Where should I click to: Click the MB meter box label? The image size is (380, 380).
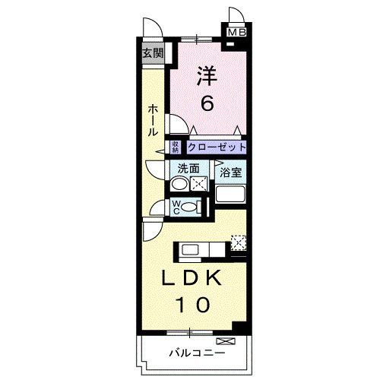[x=236, y=32]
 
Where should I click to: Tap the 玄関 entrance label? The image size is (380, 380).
[x=153, y=52]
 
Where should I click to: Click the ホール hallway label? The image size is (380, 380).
[x=153, y=120]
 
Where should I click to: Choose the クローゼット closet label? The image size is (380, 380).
[x=217, y=147]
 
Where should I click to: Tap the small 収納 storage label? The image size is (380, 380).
[x=175, y=147]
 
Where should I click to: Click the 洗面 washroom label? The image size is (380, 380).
[x=188, y=169]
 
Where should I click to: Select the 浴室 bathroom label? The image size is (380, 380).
[x=231, y=173]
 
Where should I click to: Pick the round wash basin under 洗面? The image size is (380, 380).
[x=177, y=183]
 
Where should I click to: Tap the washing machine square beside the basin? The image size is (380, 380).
[x=199, y=183]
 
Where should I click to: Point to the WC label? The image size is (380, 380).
[x=175, y=206]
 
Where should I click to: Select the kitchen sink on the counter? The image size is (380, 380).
[x=190, y=248]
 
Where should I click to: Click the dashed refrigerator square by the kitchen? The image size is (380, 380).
[x=238, y=243]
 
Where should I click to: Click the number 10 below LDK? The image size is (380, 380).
[x=193, y=306]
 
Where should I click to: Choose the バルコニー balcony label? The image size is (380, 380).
[x=195, y=353]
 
